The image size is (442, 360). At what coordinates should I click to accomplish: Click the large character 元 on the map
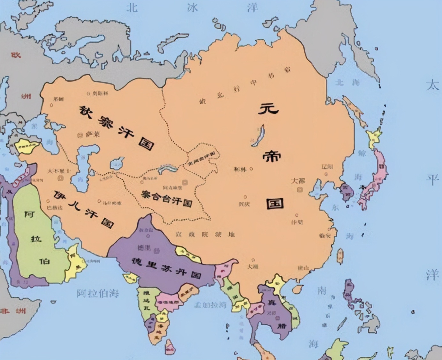(268, 109)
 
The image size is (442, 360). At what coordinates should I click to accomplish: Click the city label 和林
(240, 169)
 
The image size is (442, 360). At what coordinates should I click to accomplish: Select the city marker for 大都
(300, 190)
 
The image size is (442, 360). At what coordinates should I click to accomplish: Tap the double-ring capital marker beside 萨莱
(80, 135)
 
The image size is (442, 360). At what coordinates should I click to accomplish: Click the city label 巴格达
(55, 207)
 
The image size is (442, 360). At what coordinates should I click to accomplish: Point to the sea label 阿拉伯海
(97, 293)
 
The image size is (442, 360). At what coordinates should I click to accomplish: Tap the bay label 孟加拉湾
(210, 305)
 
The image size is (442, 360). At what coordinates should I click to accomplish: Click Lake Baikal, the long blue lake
(259, 136)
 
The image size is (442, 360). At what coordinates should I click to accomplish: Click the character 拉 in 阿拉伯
(36, 238)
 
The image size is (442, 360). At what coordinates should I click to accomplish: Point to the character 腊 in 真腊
(282, 326)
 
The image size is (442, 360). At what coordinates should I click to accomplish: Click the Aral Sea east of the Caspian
(117, 163)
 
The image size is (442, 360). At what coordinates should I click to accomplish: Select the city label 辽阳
(327, 167)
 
